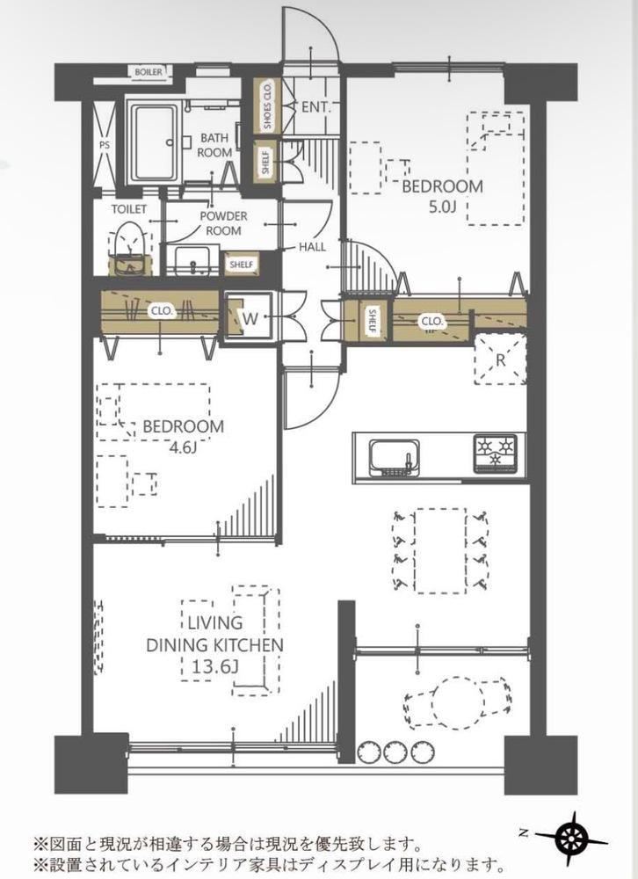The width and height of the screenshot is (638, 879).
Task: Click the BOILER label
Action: tap(149, 72)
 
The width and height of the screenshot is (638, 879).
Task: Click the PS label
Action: tap(105, 145)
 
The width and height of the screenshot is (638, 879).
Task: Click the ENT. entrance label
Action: tap(316, 107)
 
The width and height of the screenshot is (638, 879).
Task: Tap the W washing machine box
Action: tap(250, 318)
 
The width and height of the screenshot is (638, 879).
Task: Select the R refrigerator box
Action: tap(501, 360)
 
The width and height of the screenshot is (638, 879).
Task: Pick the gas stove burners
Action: tap(496, 451)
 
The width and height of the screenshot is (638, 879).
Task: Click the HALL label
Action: tap(312, 247)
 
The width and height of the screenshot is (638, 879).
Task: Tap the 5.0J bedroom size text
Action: tap(442, 207)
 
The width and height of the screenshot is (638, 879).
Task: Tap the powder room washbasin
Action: tap(192, 261)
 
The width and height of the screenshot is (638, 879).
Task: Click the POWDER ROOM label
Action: tap(224, 223)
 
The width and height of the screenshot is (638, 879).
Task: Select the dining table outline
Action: tap(440, 550)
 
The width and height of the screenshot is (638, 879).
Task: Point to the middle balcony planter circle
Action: tap(396, 752)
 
